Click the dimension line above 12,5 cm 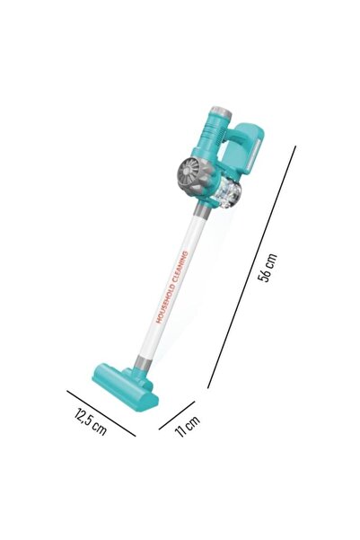(x=101, y=412)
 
